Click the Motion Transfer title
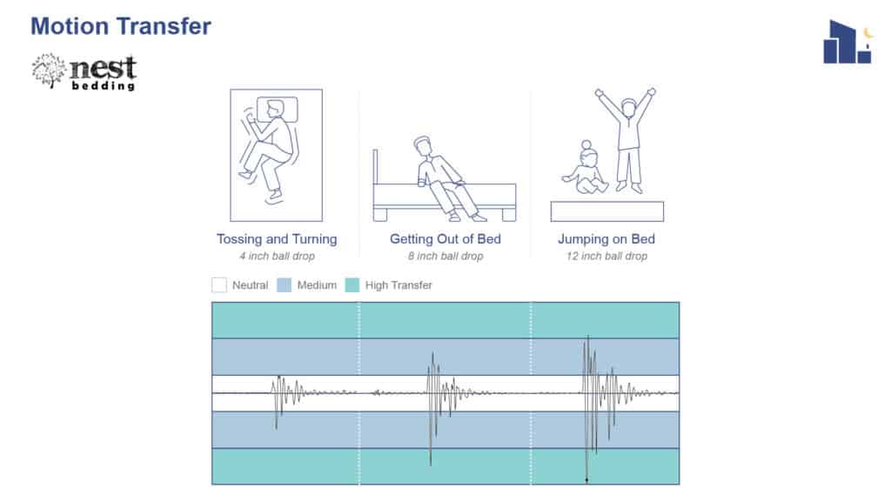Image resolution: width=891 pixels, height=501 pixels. click(x=120, y=27)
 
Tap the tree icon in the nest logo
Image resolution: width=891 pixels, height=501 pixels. click(x=49, y=71)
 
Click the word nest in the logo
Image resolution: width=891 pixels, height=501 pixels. click(x=103, y=68)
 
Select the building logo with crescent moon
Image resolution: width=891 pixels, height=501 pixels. click(x=847, y=42)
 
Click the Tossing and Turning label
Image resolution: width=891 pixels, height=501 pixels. click(x=277, y=239)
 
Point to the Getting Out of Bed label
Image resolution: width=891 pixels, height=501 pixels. click(x=445, y=239)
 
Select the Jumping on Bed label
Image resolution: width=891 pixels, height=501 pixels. click(x=606, y=239)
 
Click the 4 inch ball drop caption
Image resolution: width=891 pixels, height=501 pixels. click(x=277, y=257)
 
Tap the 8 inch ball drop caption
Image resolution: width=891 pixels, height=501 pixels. click(x=445, y=257)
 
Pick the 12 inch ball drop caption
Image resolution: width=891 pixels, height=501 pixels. click(x=606, y=257)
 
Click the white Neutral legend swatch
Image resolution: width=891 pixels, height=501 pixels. click(x=218, y=285)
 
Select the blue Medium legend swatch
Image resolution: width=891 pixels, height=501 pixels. click(x=285, y=285)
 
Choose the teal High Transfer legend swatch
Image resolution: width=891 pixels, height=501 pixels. click(x=352, y=285)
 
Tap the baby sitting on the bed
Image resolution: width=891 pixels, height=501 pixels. click(x=586, y=169)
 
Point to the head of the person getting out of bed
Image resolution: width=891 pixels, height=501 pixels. click(x=422, y=146)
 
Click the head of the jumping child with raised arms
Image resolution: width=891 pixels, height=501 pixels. click(x=628, y=108)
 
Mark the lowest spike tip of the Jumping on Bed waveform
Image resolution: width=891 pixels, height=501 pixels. click(x=587, y=482)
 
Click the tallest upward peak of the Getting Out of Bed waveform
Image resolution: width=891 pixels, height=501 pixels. click(x=433, y=353)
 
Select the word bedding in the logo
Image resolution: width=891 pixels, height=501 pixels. click(x=104, y=86)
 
